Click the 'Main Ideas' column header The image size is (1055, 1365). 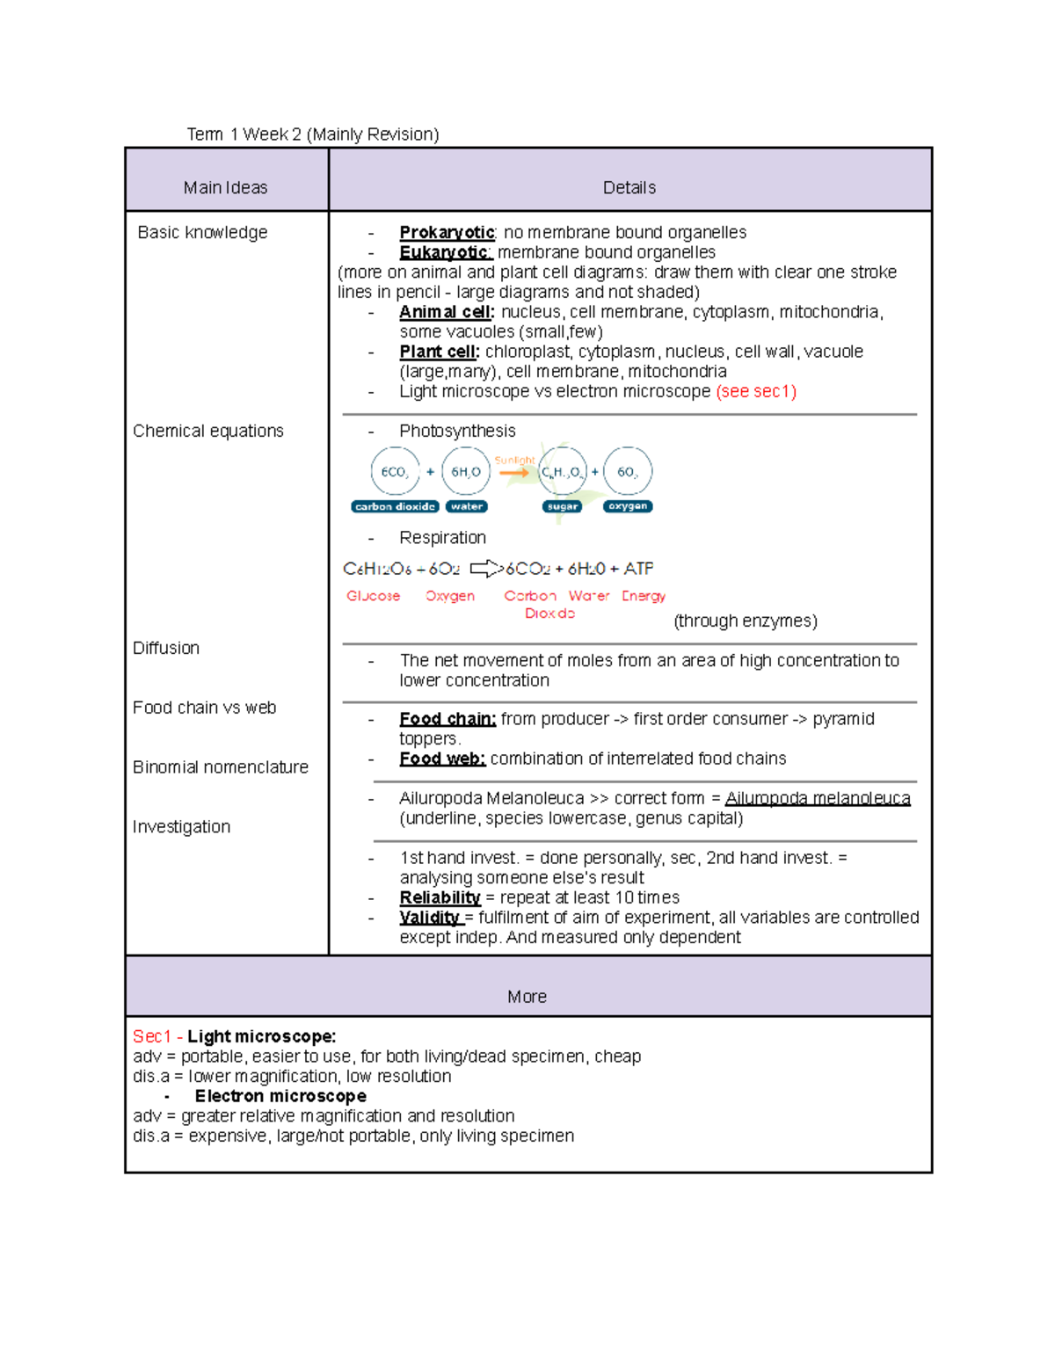tap(225, 187)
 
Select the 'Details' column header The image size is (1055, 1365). tap(629, 187)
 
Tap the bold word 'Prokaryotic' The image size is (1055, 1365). tap(447, 232)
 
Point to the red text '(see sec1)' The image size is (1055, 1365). tap(756, 391)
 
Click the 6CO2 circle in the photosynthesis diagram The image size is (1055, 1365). tap(395, 472)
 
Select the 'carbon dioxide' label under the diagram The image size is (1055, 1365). tap(395, 506)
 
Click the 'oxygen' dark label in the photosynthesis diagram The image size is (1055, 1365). tap(628, 506)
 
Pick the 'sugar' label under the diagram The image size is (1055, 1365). tap(562, 506)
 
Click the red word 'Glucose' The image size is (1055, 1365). tap(373, 596)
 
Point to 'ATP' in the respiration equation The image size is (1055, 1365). tap(638, 569)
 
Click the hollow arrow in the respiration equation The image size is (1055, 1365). tap(484, 569)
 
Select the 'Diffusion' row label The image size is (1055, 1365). tap(166, 648)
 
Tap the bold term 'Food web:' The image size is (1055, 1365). tap(442, 759)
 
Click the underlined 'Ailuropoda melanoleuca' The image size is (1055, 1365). tap(817, 798)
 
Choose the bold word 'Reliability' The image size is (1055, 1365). tap(440, 897)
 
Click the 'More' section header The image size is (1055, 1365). tap(527, 997)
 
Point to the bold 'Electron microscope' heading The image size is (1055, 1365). tap(280, 1096)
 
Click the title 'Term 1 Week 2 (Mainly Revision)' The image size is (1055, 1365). tap(312, 134)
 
